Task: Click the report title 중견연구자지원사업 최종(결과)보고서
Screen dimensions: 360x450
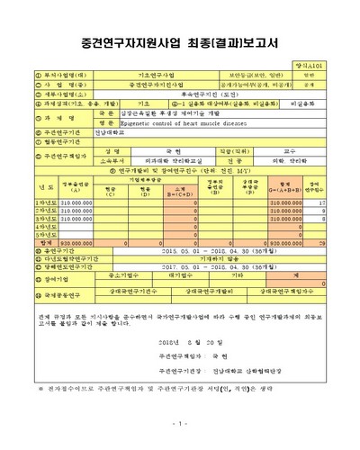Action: (180, 42)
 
